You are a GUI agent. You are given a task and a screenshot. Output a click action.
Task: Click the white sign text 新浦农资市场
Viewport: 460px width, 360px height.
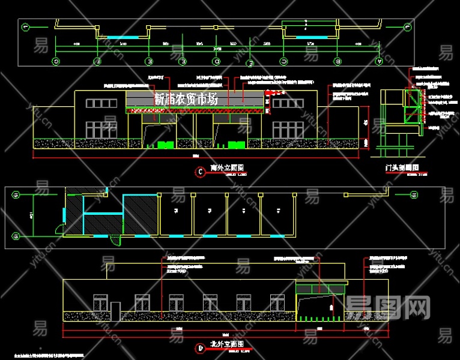[186, 100]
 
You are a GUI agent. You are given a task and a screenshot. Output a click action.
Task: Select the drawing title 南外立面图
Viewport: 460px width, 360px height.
[223, 169]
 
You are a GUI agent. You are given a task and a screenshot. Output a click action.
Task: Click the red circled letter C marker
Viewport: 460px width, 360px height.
[200, 172]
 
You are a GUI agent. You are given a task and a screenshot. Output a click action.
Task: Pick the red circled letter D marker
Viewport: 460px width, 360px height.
[199, 347]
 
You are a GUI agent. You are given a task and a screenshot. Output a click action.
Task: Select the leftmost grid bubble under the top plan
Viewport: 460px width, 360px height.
[56, 61]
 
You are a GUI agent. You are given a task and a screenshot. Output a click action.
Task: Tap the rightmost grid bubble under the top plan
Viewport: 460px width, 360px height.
[379, 61]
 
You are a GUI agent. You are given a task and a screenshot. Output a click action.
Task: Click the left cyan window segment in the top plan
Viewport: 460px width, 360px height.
[123, 37]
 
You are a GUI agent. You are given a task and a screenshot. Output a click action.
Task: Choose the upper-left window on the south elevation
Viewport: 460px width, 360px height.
[101, 103]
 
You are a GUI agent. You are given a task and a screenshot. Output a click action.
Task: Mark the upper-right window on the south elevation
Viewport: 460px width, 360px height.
[290, 103]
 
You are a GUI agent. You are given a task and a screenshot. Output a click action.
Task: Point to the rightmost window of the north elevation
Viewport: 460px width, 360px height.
[277, 302]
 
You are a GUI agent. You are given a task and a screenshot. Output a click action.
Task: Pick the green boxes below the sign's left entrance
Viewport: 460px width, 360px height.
[165, 144]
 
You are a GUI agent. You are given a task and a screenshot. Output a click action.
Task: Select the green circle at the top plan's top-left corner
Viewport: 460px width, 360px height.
[25, 26]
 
